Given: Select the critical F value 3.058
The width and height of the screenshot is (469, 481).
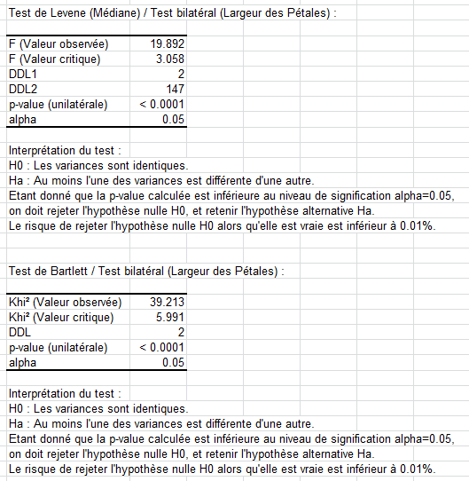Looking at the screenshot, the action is pyautogui.click(x=168, y=58).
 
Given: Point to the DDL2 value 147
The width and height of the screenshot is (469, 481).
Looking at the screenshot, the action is pyautogui.click(x=174, y=89).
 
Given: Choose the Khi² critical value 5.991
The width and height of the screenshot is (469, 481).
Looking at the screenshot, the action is pyautogui.click(x=168, y=317).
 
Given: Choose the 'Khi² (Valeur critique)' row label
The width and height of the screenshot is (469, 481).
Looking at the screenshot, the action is pyautogui.click(x=60, y=317).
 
